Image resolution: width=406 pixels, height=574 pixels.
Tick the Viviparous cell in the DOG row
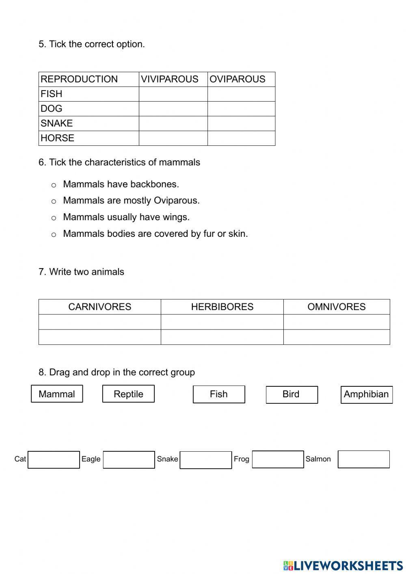click(x=173, y=108)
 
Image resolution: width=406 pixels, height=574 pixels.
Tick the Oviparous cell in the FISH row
click(x=241, y=94)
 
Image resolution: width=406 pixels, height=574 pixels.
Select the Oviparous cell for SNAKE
click(x=241, y=123)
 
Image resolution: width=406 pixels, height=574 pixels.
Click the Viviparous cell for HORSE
click(x=173, y=138)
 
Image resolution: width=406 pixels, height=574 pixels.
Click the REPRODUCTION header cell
click(x=89, y=79)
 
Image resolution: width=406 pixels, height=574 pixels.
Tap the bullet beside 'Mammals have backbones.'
click(x=54, y=185)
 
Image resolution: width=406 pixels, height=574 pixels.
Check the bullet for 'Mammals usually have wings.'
click(x=54, y=218)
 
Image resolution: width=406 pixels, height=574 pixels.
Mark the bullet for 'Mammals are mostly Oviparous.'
click(x=54, y=201)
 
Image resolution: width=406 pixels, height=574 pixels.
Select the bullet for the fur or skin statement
click(x=54, y=235)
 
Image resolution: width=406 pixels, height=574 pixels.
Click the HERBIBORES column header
click(x=222, y=307)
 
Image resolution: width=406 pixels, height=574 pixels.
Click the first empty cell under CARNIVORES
click(x=99, y=322)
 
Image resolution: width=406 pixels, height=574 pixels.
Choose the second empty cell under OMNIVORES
click(x=336, y=337)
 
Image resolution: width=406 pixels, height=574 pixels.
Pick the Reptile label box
click(x=128, y=394)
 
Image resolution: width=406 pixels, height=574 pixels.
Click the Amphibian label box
click(x=366, y=394)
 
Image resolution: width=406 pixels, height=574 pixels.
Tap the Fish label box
click(x=219, y=394)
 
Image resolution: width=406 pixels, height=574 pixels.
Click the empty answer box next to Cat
click(x=54, y=459)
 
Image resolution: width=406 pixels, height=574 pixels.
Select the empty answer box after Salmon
click(x=363, y=459)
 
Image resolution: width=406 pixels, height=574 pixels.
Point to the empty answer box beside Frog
click(x=278, y=459)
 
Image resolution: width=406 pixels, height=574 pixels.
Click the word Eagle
click(x=91, y=459)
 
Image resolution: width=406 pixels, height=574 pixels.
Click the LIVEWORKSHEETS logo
click(x=343, y=565)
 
